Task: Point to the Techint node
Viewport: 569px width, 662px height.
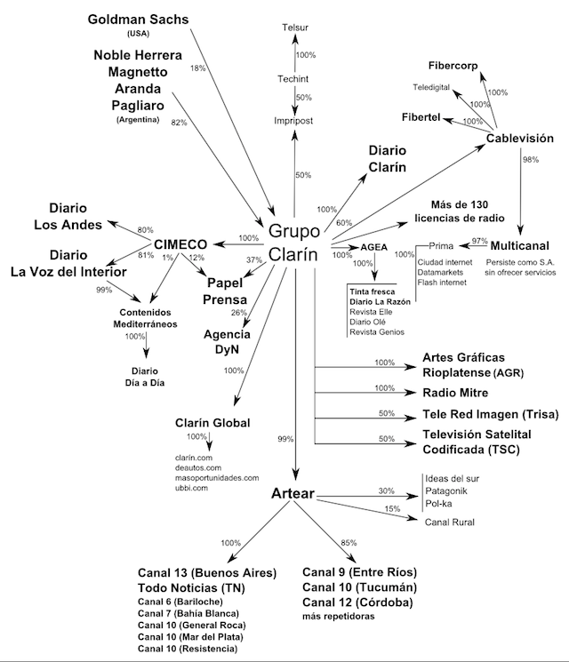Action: click(x=295, y=79)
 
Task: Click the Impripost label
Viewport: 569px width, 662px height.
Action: click(x=295, y=121)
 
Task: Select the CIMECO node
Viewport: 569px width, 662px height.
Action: click(x=180, y=243)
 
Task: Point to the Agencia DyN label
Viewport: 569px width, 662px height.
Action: click(x=227, y=342)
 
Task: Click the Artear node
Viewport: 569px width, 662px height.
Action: click(x=295, y=493)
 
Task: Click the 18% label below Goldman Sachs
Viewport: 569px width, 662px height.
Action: click(x=197, y=68)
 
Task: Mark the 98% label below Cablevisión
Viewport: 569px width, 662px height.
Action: click(x=532, y=159)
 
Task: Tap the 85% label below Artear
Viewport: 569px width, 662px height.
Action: click(x=350, y=542)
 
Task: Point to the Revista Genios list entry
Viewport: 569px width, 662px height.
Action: click(x=376, y=331)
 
